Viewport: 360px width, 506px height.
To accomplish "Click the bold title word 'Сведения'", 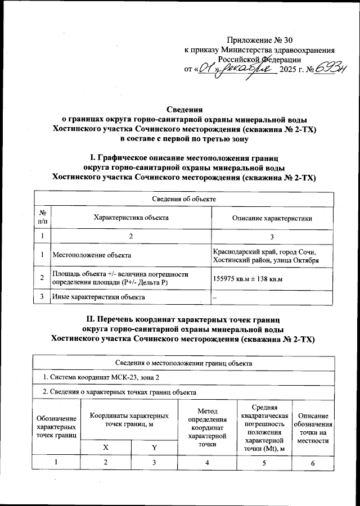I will point(185,109).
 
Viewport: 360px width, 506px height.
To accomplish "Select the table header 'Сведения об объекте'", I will point(184,199).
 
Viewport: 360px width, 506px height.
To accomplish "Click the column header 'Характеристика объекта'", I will point(131,218).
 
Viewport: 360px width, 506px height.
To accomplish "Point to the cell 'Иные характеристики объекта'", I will point(98,296).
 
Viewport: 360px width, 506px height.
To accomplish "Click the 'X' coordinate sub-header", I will point(106,447).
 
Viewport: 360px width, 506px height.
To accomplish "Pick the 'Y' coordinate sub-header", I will point(154,447).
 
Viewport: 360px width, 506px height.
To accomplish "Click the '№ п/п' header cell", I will point(43,218).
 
